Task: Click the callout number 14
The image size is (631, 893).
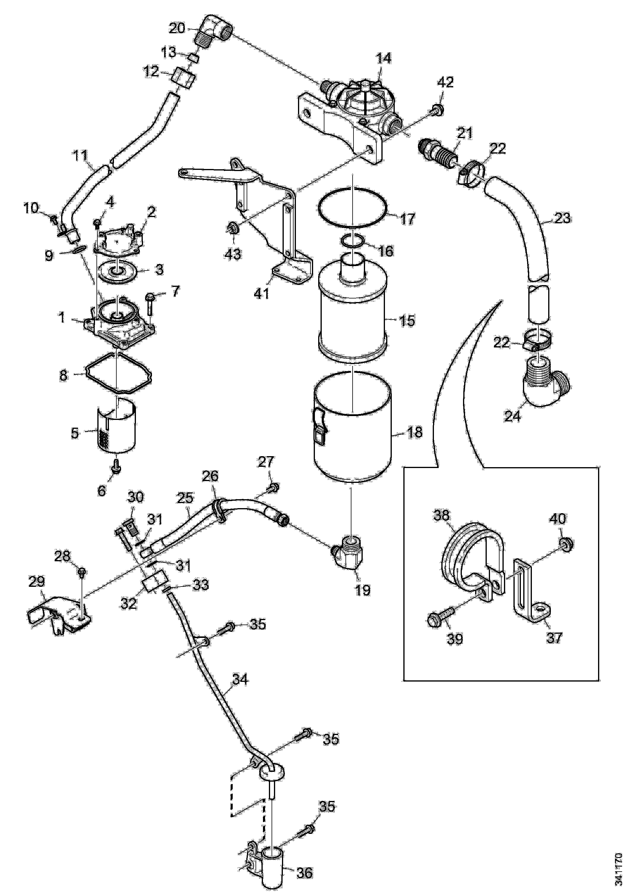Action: pyautogui.click(x=383, y=59)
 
